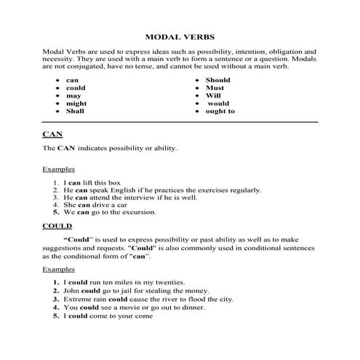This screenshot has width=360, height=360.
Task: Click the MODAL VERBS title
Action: coord(179,36)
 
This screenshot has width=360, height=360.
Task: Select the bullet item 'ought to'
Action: coord(221,111)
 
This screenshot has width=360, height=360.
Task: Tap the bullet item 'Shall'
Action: coord(75,111)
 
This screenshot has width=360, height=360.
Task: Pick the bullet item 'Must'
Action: coord(215,88)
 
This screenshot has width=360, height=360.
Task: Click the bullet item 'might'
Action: coord(75,104)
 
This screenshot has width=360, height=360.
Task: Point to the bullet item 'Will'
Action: coord(213,96)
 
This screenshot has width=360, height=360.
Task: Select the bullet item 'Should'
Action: coord(218,80)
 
